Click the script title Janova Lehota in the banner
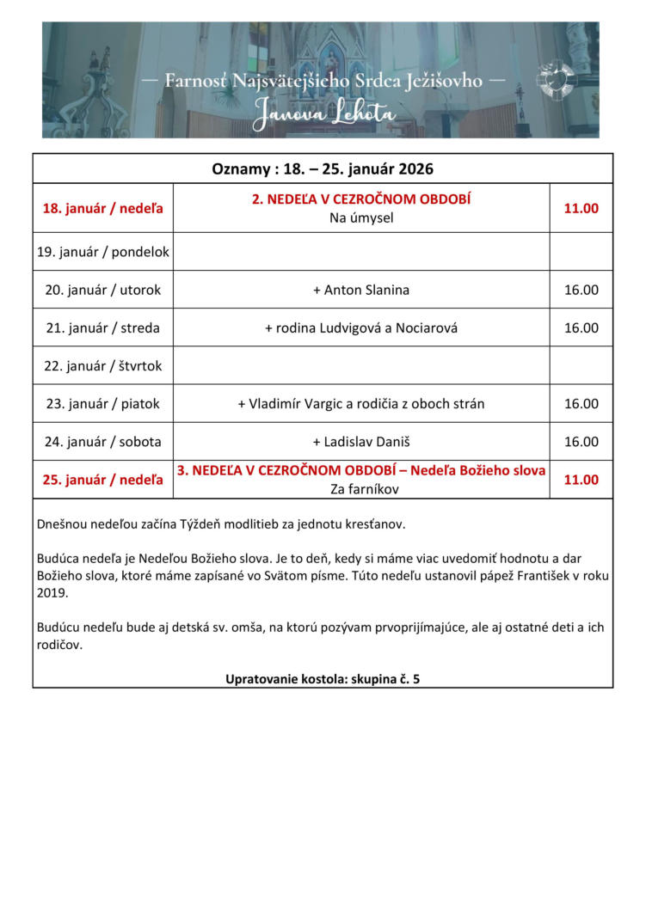(323, 113)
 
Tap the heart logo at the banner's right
(555, 80)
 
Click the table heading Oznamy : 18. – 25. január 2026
(323, 168)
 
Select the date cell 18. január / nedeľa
(103, 208)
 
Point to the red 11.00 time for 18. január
(581, 208)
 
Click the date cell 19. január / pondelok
(103, 252)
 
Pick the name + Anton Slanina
(361, 290)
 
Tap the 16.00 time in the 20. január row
(581, 290)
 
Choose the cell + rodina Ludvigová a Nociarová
(361, 327)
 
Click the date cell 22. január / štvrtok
(103, 365)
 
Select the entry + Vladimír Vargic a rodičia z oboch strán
(361, 403)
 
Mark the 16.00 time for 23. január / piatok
(581, 403)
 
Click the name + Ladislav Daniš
(361, 442)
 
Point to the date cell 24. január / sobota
(103, 442)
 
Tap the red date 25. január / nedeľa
(103, 480)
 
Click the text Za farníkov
(361, 489)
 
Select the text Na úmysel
(361, 217)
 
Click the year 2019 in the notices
(52, 593)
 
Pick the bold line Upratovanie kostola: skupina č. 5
(323, 678)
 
